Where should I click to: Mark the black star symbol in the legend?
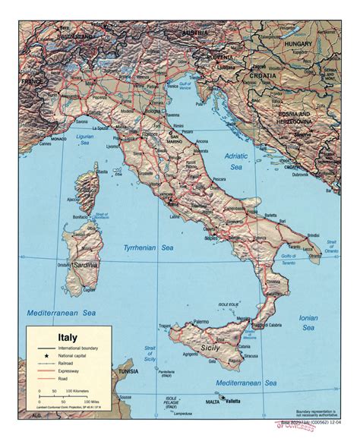coord(46,357)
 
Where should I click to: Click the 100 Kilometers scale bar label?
coord(81,397)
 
